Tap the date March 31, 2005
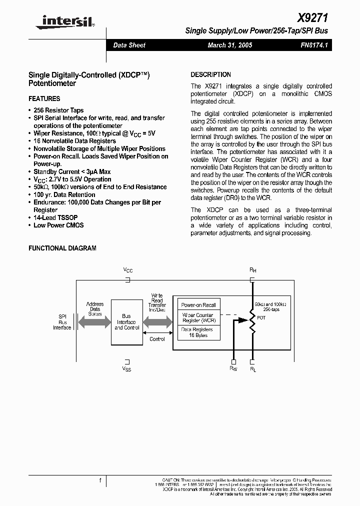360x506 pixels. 230,45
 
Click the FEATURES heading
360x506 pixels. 44,99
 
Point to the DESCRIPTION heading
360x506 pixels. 211,74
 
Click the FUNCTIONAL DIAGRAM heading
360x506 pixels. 62,248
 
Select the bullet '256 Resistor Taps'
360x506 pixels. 58,110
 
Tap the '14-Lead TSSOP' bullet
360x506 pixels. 52,217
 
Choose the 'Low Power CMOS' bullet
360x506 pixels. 58,225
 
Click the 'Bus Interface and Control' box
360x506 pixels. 126,322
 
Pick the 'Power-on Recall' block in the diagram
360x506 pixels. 198,305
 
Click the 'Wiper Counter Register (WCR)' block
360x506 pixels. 198,318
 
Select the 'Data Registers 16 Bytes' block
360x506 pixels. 197,332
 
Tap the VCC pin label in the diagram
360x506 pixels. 128,270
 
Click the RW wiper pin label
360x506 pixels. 233,369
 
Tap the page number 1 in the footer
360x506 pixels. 100,481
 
